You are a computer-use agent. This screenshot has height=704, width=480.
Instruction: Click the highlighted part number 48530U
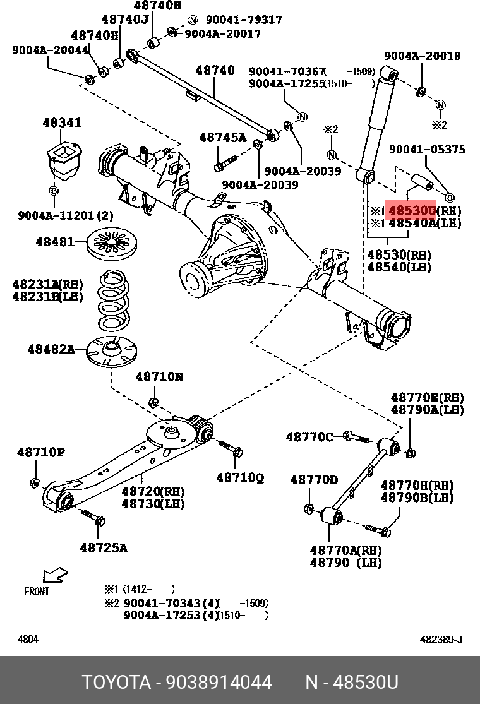[412, 210]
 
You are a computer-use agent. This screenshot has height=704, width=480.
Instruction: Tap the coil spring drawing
[115, 301]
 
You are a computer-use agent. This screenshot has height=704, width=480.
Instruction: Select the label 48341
[62, 122]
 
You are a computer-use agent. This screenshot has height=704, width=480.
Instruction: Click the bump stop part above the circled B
[64, 160]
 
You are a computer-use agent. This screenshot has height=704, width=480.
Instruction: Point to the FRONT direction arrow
[55, 576]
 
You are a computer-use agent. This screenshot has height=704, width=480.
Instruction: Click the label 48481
[54, 242]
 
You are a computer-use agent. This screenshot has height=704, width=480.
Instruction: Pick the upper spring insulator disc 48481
[111, 244]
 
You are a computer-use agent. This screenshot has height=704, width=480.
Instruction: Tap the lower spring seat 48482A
[111, 350]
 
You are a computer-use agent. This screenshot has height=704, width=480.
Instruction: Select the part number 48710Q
[240, 477]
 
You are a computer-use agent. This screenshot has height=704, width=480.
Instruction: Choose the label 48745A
[223, 138]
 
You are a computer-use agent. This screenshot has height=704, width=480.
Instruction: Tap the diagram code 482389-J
[440, 640]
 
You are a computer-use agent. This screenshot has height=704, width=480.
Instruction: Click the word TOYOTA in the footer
[116, 683]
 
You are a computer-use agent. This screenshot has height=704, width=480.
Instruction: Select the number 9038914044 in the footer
[219, 683]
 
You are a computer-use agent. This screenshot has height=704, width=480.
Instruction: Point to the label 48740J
[125, 20]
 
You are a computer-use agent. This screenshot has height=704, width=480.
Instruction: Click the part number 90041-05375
[427, 150]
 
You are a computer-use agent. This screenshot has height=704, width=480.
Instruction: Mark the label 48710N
[159, 376]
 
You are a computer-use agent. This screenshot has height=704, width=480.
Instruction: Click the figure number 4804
[28, 640]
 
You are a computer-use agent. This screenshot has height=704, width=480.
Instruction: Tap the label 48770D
[314, 480]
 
